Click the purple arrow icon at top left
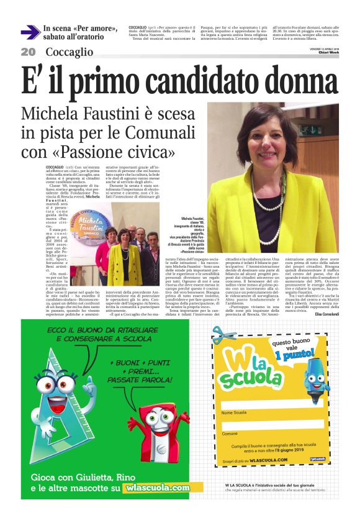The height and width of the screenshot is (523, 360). click(30, 32)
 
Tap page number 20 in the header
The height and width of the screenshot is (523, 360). click(28, 52)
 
